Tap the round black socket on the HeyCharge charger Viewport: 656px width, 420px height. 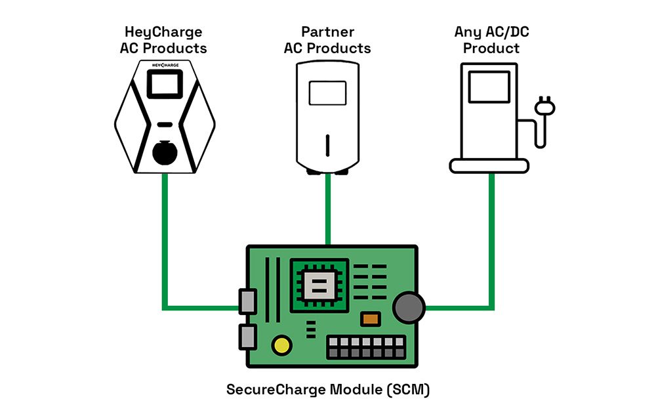(165, 153)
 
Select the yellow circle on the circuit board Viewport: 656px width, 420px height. (283, 345)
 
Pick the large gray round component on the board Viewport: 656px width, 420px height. (409, 306)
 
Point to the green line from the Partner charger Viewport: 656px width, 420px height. (327, 210)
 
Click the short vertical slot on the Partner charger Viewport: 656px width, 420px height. (328, 143)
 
